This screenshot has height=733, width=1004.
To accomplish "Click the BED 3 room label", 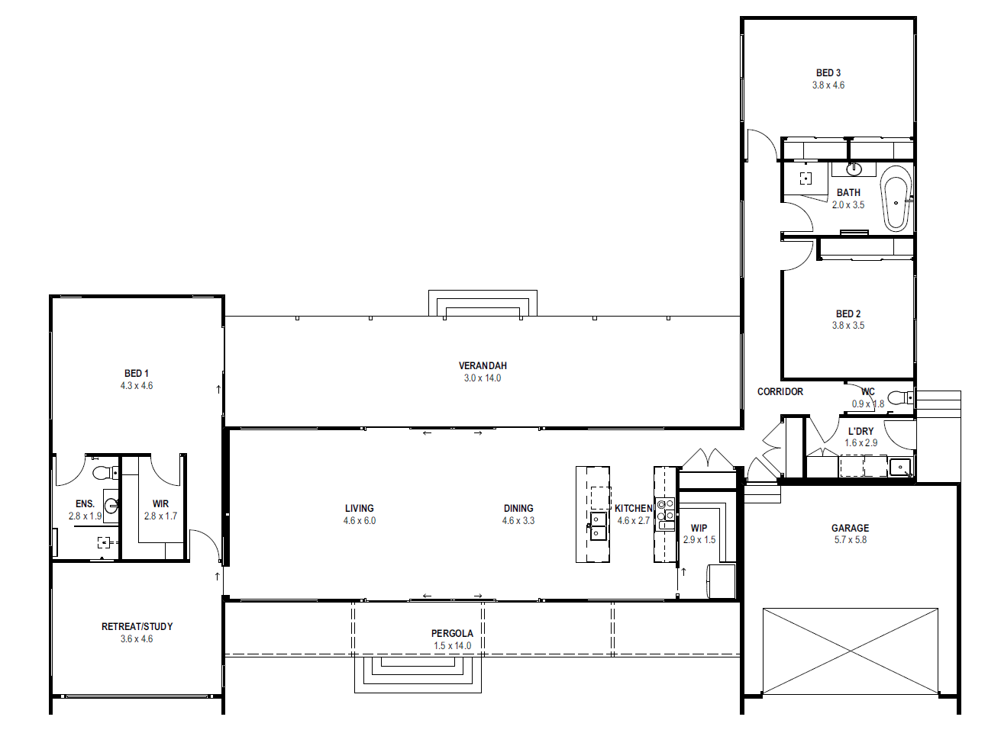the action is (x=828, y=72).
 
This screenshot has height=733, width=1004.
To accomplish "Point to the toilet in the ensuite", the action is (x=105, y=472).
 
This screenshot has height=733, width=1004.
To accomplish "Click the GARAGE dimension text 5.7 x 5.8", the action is (x=851, y=539).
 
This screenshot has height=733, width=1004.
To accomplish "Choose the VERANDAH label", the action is (x=483, y=366).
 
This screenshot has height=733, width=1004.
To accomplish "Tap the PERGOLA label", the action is (x=452, y=634).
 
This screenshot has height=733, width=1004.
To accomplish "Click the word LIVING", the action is (x=359, y=508).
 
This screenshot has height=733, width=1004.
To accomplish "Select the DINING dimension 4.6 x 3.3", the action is (x=518, y=520).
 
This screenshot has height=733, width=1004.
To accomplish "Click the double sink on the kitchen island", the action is (x=598, y=526).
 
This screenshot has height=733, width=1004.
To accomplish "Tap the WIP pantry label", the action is (x=699, y=528).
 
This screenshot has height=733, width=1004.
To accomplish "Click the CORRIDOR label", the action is (x=780, y=392).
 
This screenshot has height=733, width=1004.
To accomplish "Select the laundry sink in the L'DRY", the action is (x=900, y=468).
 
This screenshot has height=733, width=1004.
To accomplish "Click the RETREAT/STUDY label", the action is (x=137, y=626).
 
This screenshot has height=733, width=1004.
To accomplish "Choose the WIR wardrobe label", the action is (x=160, y=503).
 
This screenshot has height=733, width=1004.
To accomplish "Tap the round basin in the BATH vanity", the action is (x=854, y=169).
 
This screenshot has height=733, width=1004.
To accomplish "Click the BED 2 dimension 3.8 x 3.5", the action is (x=848, y=326).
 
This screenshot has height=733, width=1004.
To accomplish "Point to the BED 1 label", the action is (x=136, y=374).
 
